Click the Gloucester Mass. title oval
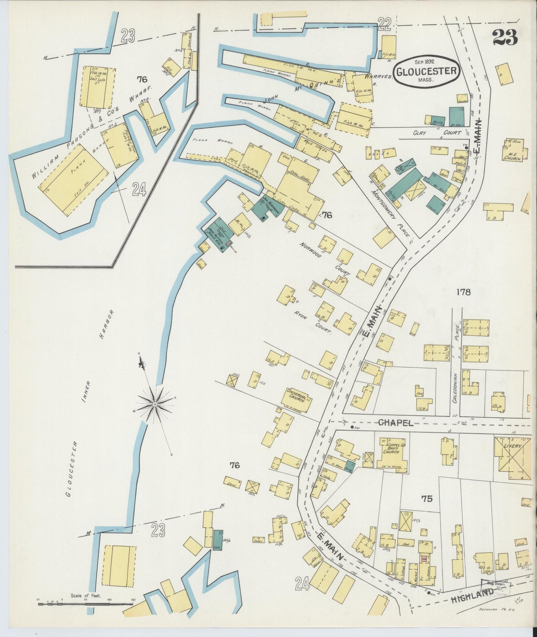[x=426, y=71]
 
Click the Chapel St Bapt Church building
[x=393, y=454]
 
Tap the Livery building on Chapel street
[x=512, y=458]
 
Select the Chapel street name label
[x=396, y=423]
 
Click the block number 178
[x=463, y=292]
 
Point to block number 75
[x=427, y=499]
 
